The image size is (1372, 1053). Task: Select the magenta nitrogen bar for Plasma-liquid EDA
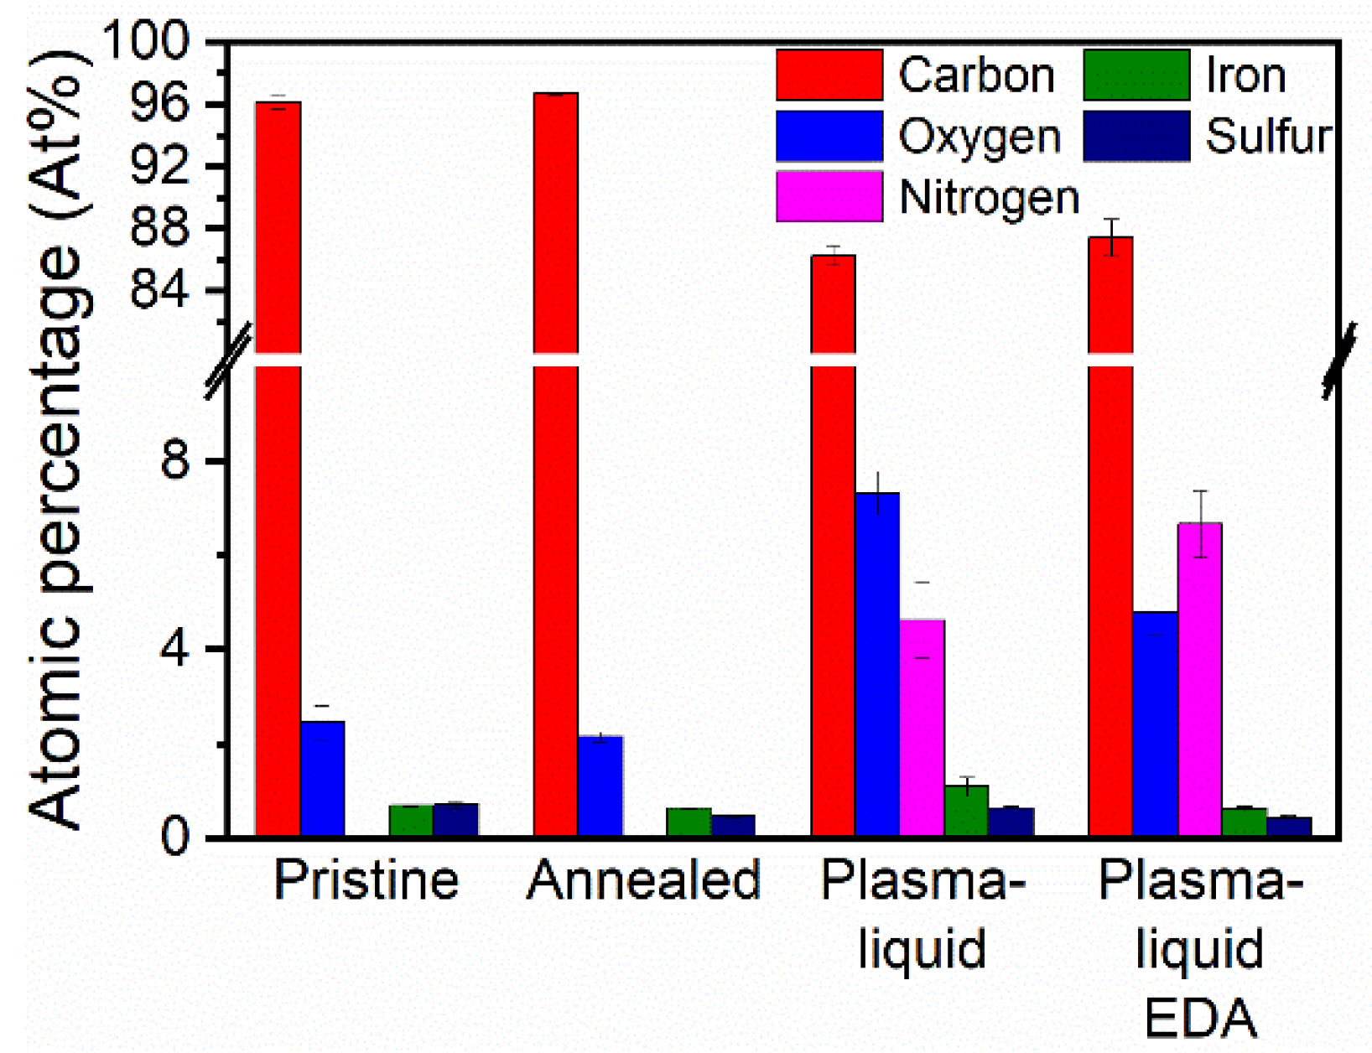tap(1199, 679)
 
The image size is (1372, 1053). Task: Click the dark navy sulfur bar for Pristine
tap(455, 819)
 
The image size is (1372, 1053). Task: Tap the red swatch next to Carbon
tap(829, 75)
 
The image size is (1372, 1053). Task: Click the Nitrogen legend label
tap(989, 199)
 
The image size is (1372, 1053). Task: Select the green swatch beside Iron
tap(1136, 75)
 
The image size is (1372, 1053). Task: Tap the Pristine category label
tap(366, 880)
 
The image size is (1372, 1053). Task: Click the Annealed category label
tap(643, 880)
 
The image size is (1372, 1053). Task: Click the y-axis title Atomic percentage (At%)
tap(59, 436)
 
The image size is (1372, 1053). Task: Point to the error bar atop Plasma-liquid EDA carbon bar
tap(1111, 236)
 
